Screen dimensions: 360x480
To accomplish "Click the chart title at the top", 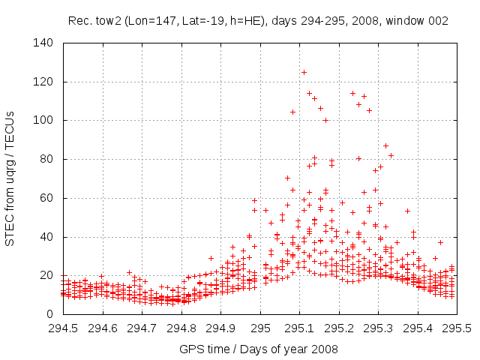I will pyautogui.click(x=258, y=21).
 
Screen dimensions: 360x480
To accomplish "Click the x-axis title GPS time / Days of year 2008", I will pyautogui.click(x=259, y=349).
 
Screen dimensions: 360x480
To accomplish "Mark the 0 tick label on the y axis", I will pyautogui.click(x=49, y=314).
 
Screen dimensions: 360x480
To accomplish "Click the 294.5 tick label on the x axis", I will pyautogui.click(x=63, y=328).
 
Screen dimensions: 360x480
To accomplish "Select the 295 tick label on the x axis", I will pyautogui.click(x=260, y=328).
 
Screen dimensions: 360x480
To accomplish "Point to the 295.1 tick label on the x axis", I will pyautogui.click(x=299, y=328).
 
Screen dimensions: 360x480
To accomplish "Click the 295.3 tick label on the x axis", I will pyautogui.click(x=378, y=328).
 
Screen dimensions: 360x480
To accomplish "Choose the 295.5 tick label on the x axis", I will pyautogui.click(x=457, y=328).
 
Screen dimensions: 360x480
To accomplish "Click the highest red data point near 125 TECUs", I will pyautogui.click(x=304, y=72).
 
